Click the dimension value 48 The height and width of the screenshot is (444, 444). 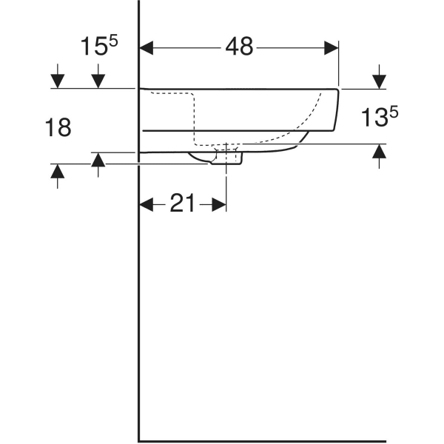click(x=238, y=47)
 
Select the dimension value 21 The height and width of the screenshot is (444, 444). click(x=182, y=203)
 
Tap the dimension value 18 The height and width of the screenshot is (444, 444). click(x=58, y=127)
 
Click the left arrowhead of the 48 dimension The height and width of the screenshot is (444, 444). click(x=147, y=47)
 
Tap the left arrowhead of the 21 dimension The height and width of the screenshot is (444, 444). click(x=147, y=204)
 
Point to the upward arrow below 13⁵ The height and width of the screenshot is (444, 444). click(x=379, y=151)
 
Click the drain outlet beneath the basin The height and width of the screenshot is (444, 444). click(x=226, y=158)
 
